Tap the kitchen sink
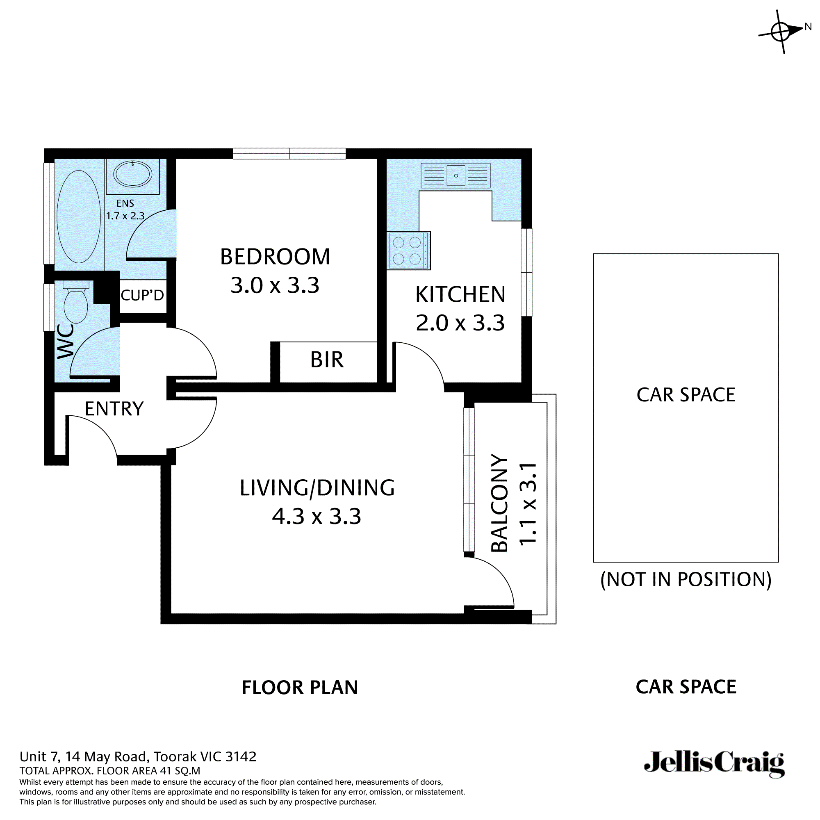pos(456,175)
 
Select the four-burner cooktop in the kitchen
pos(408,251)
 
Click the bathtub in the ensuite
pos(79,217)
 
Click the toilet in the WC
pos(76,302)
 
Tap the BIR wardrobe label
pos(327,360)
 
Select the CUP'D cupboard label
pos(142,294)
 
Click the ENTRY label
pos(114,409)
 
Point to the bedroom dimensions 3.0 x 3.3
pos(275,285)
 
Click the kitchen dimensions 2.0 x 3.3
pos(460,323)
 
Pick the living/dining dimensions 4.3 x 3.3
pos(317,517)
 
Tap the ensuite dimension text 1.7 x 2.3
pos(125,216)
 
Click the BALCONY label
pos(499,503)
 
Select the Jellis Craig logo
pos(715,764)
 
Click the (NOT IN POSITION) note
pos(686,580)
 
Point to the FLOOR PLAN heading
pos(300,688)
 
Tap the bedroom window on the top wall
pos(289,154)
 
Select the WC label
pos(66,341)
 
